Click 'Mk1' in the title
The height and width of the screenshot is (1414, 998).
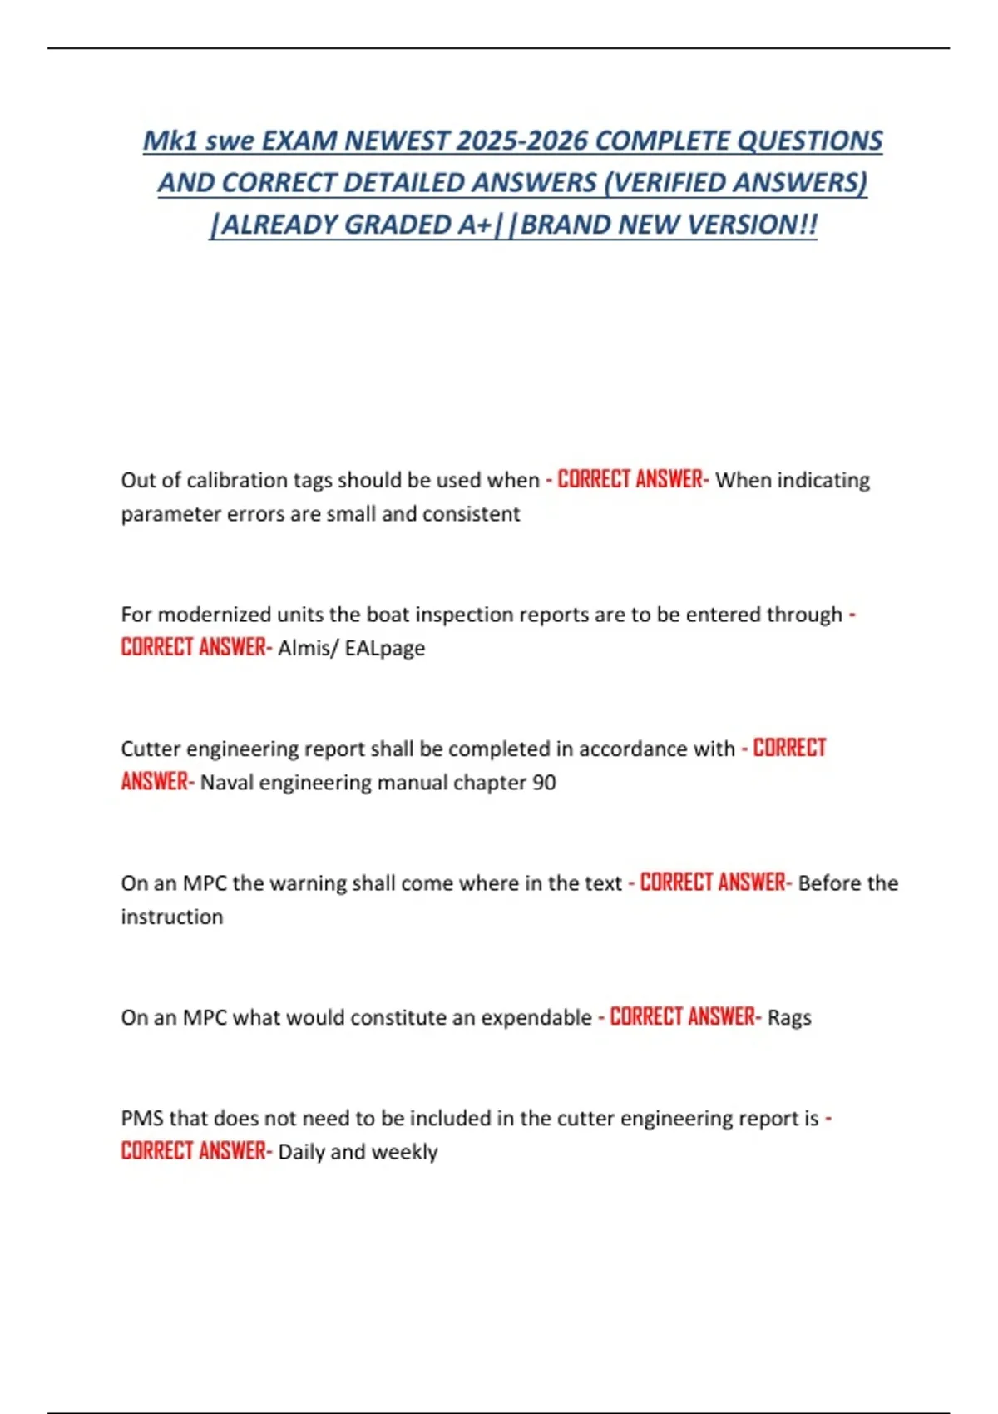pyautogui.click(x=170, y=141)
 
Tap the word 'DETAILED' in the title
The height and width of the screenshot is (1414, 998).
pyautogui.click(x=403, y=182)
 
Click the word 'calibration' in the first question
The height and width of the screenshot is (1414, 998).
pyautogui.click(x=239, y=481)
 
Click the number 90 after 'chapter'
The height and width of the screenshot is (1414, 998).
pyautogui.click(x=544, y=783)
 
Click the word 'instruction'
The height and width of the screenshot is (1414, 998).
pyautogui.click(x=172, y=917)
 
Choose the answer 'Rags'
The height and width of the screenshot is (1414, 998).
pyautogui.click(x=789, y=1017)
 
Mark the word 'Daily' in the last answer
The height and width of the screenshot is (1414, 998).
pyautogui.click(x=300, y=1152)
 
